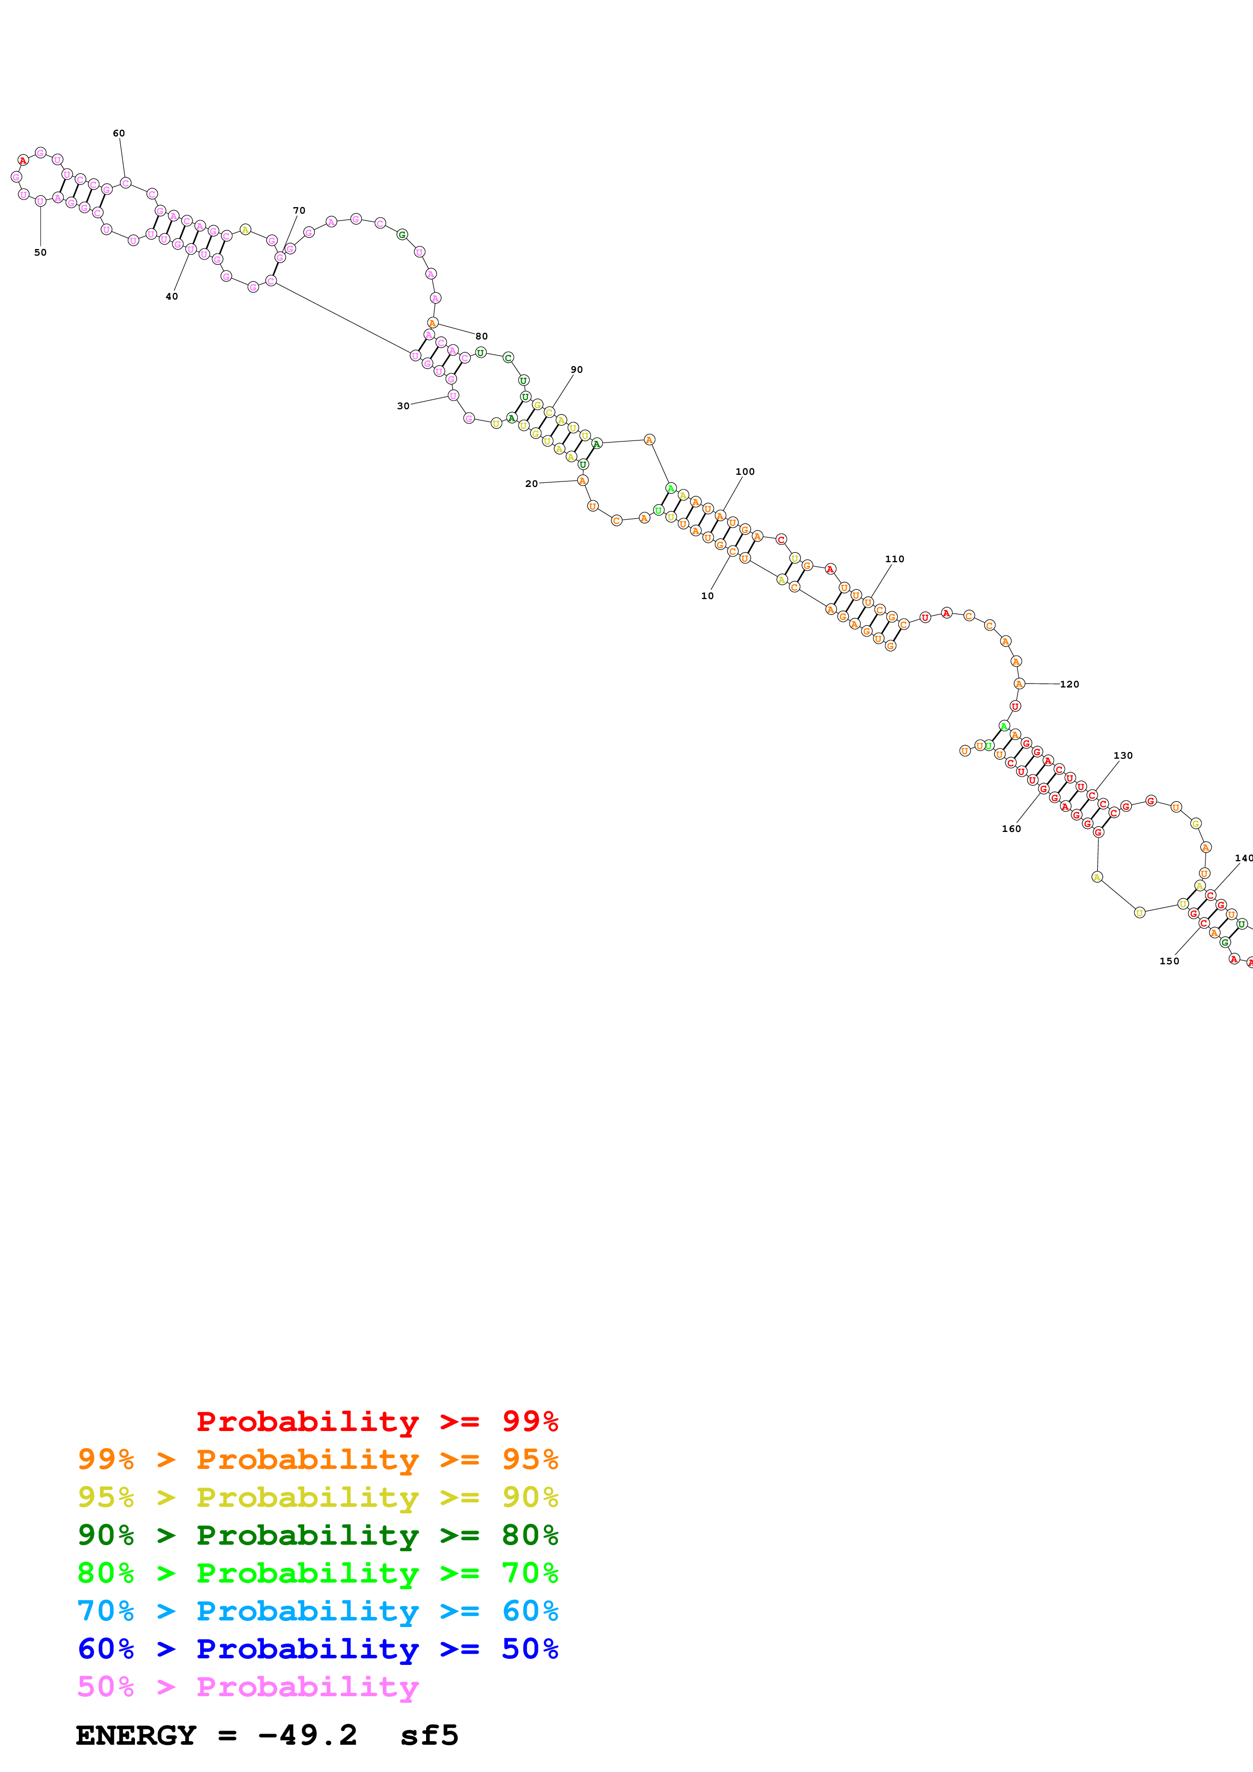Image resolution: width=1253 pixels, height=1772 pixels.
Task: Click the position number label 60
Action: point(119,133)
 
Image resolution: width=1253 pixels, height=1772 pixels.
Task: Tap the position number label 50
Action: point(40,253)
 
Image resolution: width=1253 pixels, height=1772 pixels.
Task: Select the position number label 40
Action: point(171,297)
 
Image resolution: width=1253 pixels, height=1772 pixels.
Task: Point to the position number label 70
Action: point(299,211)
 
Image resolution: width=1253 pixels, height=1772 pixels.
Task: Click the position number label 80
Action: point(482,336)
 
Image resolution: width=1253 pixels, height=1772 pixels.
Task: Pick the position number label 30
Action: point(403,406)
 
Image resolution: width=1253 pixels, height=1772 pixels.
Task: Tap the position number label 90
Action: point(577,370)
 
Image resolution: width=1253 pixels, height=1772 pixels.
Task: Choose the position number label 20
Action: point(531,484)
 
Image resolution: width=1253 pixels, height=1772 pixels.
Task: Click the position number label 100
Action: point(745,472)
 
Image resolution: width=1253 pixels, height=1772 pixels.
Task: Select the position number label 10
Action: point(707,596)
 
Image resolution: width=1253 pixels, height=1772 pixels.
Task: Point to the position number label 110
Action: point(895,559)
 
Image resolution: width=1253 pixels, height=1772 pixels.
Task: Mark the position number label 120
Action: point(1069,684)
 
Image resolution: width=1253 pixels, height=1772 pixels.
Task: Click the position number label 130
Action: point(1123,756)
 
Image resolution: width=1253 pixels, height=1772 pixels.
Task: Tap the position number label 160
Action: point(1011,829)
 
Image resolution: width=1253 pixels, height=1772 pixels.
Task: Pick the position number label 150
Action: point(1170,961)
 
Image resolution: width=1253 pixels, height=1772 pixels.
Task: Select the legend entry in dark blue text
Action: point(318,1649)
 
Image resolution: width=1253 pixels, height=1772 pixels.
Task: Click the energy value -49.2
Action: point(307,1736)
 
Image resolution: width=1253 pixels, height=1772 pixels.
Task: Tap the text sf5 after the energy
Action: point(429,1736)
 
